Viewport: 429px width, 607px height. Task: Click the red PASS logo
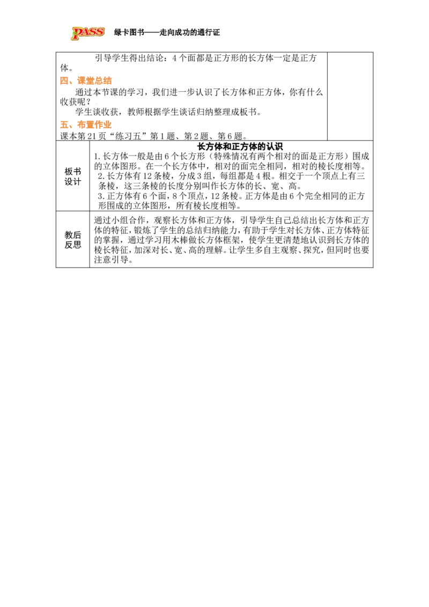click(x=88, y=33)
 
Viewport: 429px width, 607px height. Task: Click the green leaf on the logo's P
click(x=73, y=35)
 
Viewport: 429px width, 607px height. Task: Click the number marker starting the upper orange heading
click(x=65, y=82)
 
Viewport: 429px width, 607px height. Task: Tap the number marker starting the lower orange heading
click(x=65, y=125)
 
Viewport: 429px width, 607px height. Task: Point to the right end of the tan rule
click(x=325, y=84)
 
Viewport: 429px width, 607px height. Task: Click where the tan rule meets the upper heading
click(x=114, y=84)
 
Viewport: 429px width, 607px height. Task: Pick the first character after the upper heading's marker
click(x=81, y=81)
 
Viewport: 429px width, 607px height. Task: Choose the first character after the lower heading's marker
click(x=81, y=124)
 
